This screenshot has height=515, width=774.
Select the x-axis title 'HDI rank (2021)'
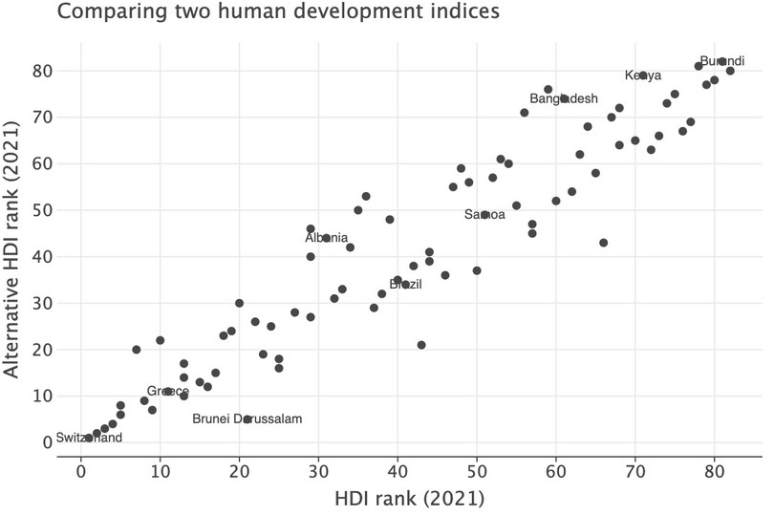410,497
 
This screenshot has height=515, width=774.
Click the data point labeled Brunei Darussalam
247,419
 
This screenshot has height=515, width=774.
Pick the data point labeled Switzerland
89,438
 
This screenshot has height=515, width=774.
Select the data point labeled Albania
327,238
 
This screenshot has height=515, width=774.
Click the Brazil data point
406,285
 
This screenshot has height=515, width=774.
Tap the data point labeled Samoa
485,215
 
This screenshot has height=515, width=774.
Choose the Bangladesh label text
564,98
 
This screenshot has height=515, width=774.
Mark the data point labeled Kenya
643,75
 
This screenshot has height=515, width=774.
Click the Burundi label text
722,61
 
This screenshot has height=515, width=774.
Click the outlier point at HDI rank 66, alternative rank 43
604,243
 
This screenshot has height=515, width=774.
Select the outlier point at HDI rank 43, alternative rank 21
421,345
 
